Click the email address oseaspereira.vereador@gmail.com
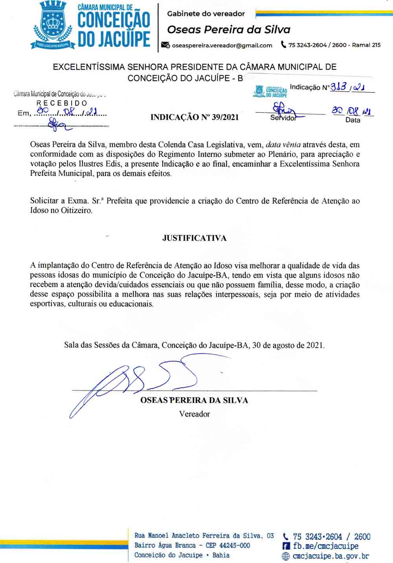click(x=222, y=45)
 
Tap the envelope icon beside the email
click(x=166, y=45)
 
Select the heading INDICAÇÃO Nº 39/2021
click(x=195, y=117)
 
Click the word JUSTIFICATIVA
click(x=195, y=238)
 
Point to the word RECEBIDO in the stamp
click(x=62, y=103)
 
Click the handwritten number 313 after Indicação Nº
click(x=338, y=87)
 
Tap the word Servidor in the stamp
click(x=283, y=118)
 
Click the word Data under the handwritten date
click(x=353, y=120)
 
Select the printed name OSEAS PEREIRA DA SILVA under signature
click(x=194, y=401)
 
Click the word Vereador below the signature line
click(x=195, y=414)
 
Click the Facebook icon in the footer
click(x=286, y=546)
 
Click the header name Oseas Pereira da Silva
click(x=229, y=30)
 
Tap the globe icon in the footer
click(x=286, y=556)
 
